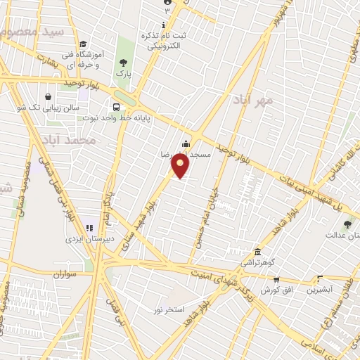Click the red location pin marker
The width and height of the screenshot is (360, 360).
[181, 167]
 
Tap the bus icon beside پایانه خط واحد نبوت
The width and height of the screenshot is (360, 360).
[116, 108]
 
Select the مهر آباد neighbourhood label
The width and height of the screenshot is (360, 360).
[254, 101]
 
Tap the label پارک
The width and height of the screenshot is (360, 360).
[125, 73]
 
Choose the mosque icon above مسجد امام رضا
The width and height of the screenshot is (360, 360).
[186, 144]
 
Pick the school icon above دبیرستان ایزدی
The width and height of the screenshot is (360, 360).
[89, 228]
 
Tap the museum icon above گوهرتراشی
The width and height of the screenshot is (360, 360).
[259, 252]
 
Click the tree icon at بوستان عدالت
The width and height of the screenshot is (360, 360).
[347, 224]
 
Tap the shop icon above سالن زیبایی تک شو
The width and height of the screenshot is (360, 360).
[48, 97]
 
